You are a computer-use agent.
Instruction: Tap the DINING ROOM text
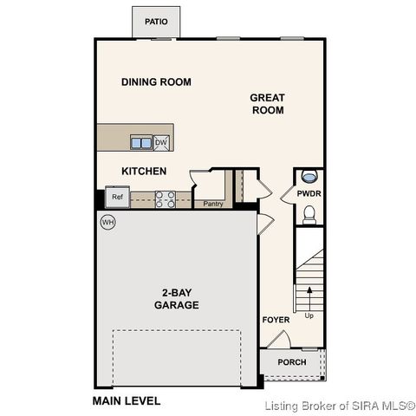(156, 82)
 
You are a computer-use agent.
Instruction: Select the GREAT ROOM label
(268, 104)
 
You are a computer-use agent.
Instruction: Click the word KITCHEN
(144, 172)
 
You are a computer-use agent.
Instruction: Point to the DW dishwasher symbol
(161, 142)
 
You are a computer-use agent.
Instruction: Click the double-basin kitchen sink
(141, 142)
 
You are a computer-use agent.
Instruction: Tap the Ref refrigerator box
(117, 197)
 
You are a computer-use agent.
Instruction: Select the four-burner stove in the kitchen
(166, 199)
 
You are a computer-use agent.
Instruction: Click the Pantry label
(213, 205)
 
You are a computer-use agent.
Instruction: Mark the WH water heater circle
(107, 222)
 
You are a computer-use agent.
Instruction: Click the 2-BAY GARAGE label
(177, 299)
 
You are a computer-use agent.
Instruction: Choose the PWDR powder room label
(309, 195)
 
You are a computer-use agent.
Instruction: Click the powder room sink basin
(309, 177)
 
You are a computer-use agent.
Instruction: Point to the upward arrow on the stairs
(309, 289)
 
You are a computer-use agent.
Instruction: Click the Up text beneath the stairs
(309, 315)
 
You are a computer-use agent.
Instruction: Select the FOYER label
(276, 321)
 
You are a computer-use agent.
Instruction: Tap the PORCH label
(291, 361)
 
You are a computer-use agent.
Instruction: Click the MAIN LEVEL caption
(127, 401)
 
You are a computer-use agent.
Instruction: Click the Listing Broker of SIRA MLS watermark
(340, 405)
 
